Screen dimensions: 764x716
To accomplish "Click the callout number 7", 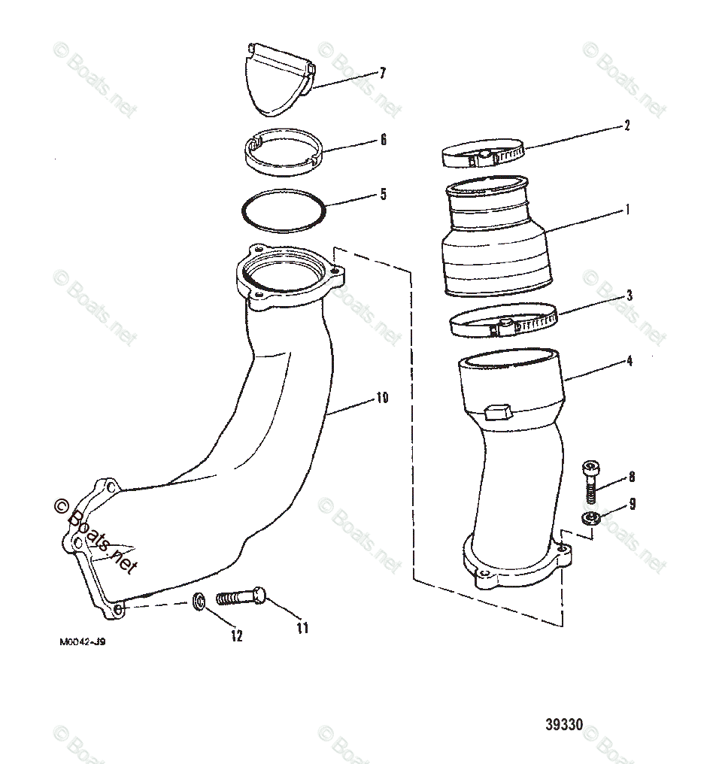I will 383,73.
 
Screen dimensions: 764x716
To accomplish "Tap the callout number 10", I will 382,398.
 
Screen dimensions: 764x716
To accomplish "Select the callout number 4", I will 629,361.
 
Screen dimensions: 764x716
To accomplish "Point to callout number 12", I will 237,635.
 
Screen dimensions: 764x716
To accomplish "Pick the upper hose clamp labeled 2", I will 481,156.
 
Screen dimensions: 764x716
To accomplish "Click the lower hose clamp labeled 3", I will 502,324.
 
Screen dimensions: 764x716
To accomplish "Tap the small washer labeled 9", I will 590,517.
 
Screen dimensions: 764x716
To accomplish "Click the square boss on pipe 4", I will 499,411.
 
